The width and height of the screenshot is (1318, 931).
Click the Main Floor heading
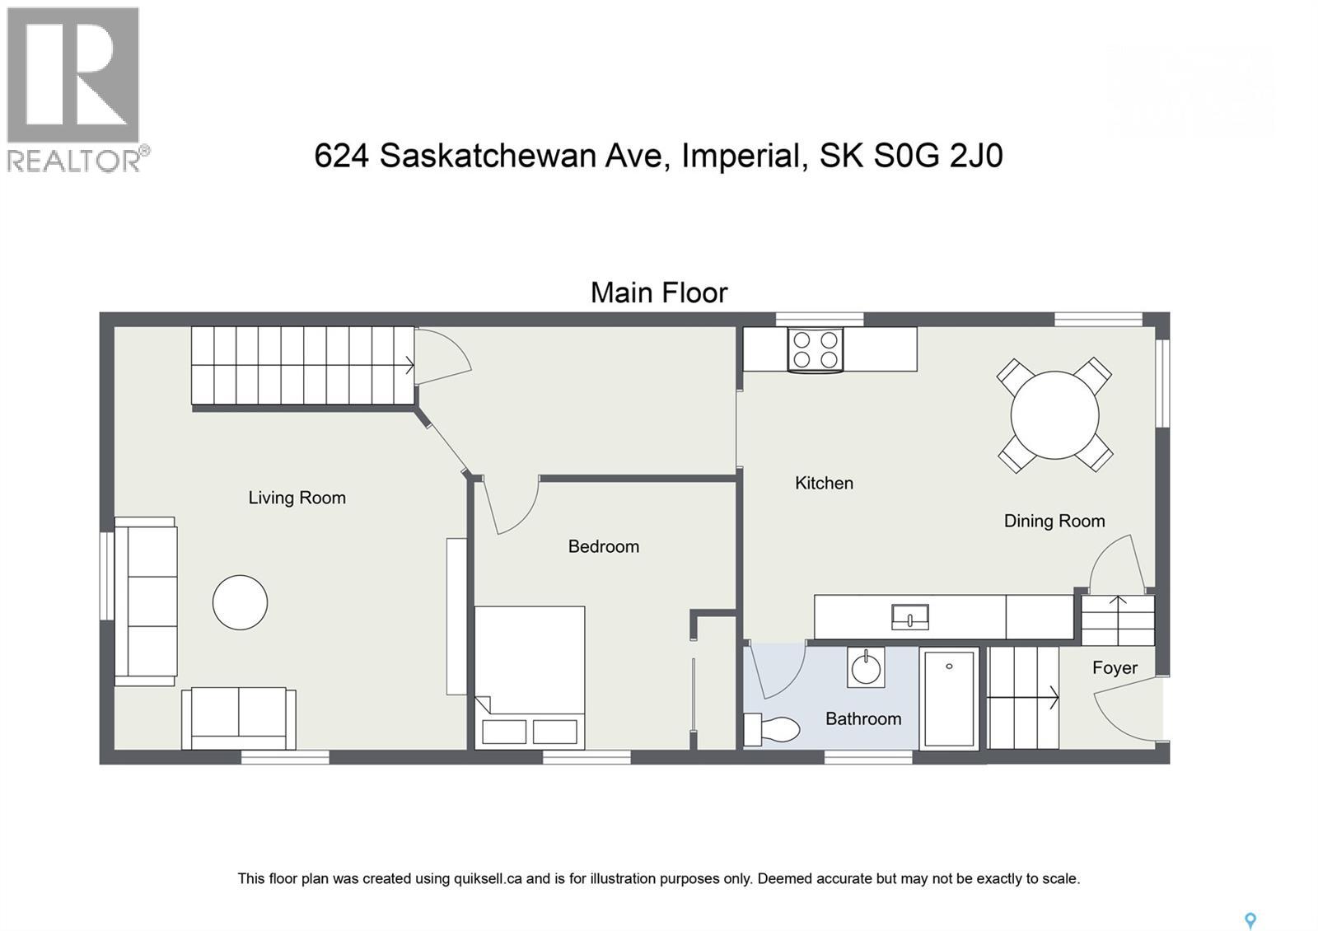659,292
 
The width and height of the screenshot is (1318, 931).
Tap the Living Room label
297,498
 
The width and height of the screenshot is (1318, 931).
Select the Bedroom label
603,546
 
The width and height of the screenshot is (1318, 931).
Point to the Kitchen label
824,483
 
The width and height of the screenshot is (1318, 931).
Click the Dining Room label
1054,521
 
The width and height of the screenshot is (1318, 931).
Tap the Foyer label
1115,667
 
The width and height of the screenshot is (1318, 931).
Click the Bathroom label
862,718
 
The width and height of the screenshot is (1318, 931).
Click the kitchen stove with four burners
815,349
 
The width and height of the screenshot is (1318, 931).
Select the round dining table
1054,414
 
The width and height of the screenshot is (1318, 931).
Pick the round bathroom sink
866,667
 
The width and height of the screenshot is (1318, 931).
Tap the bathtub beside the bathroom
949,699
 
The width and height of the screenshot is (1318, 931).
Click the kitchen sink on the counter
909,616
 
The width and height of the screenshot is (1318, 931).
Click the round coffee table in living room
240,602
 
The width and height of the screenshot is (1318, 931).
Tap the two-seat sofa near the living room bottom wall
239,718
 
